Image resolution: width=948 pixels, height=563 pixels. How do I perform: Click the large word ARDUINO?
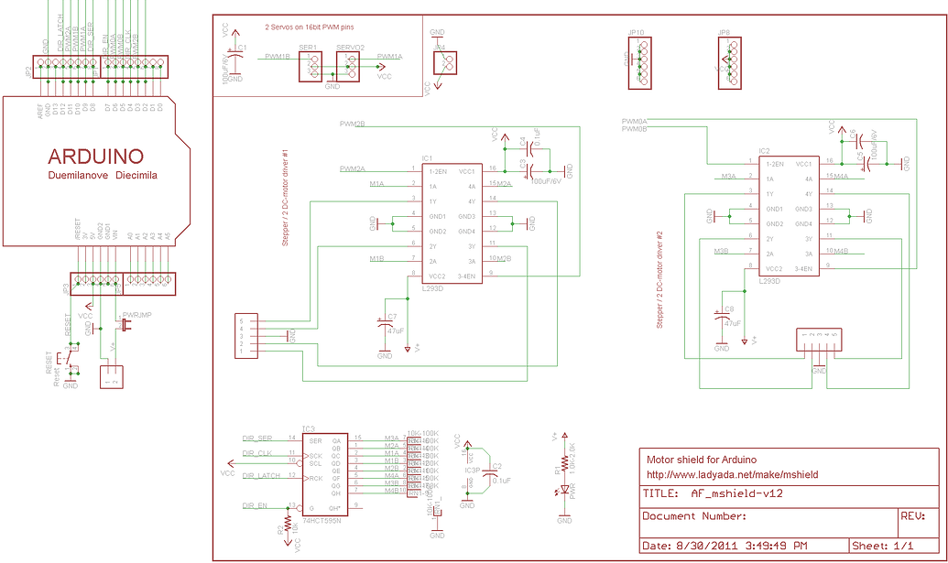tap(96, 155)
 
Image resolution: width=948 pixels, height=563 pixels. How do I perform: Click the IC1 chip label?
tap(427, 157)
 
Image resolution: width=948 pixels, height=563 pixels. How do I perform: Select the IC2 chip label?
tap(763, 149)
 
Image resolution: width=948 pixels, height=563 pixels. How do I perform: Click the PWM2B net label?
tap(352, 124)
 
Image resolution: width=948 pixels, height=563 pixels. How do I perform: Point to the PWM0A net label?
tap(634, 121)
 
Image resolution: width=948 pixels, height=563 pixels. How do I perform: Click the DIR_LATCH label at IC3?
tap(261, 475)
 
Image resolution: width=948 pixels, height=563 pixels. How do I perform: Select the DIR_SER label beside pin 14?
tap(257, 438)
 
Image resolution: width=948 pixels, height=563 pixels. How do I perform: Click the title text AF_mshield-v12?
tap(736, 493)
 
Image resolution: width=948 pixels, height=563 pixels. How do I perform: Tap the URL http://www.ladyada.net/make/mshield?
tap(732, 475)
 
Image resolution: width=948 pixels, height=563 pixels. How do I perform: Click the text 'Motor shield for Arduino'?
tap(702, 460)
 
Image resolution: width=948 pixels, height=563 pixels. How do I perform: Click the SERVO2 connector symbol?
tap(349, 66)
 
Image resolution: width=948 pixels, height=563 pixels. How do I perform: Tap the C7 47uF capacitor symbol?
tap(383, 324)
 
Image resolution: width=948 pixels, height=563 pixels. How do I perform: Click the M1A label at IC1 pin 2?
tap(376, 184)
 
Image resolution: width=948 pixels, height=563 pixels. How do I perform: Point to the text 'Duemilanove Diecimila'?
tap(102, 174)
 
